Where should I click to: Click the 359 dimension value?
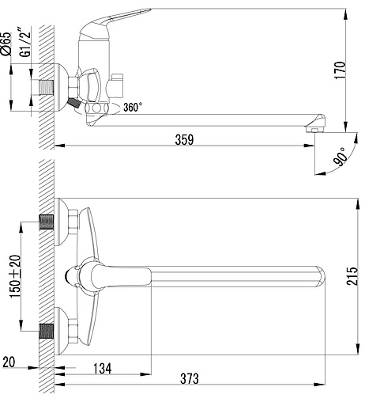[x=184, y=139]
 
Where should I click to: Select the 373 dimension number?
[x=190, y=378]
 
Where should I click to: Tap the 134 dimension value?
[x=103, y=368]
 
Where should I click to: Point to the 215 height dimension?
[x=352, y=276]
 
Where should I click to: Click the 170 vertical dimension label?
[x=340, y=70]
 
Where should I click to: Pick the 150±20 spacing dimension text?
[x=15, y=276]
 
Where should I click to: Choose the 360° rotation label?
[x=133, y=108]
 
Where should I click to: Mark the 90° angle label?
[x=340, y=157]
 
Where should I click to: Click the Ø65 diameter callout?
[x=6, y=44]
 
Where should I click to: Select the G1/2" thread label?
[x=26, y=42]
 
